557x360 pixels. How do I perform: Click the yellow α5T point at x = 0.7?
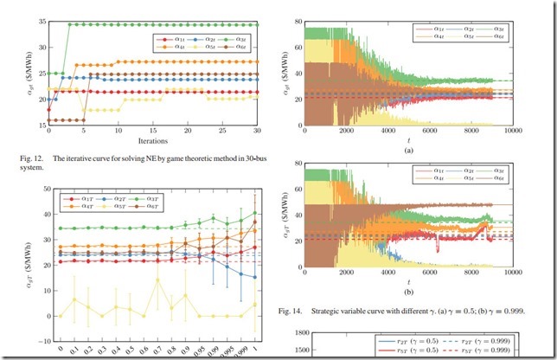pos(157,280)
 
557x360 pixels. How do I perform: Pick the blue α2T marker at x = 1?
pos(254,277)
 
